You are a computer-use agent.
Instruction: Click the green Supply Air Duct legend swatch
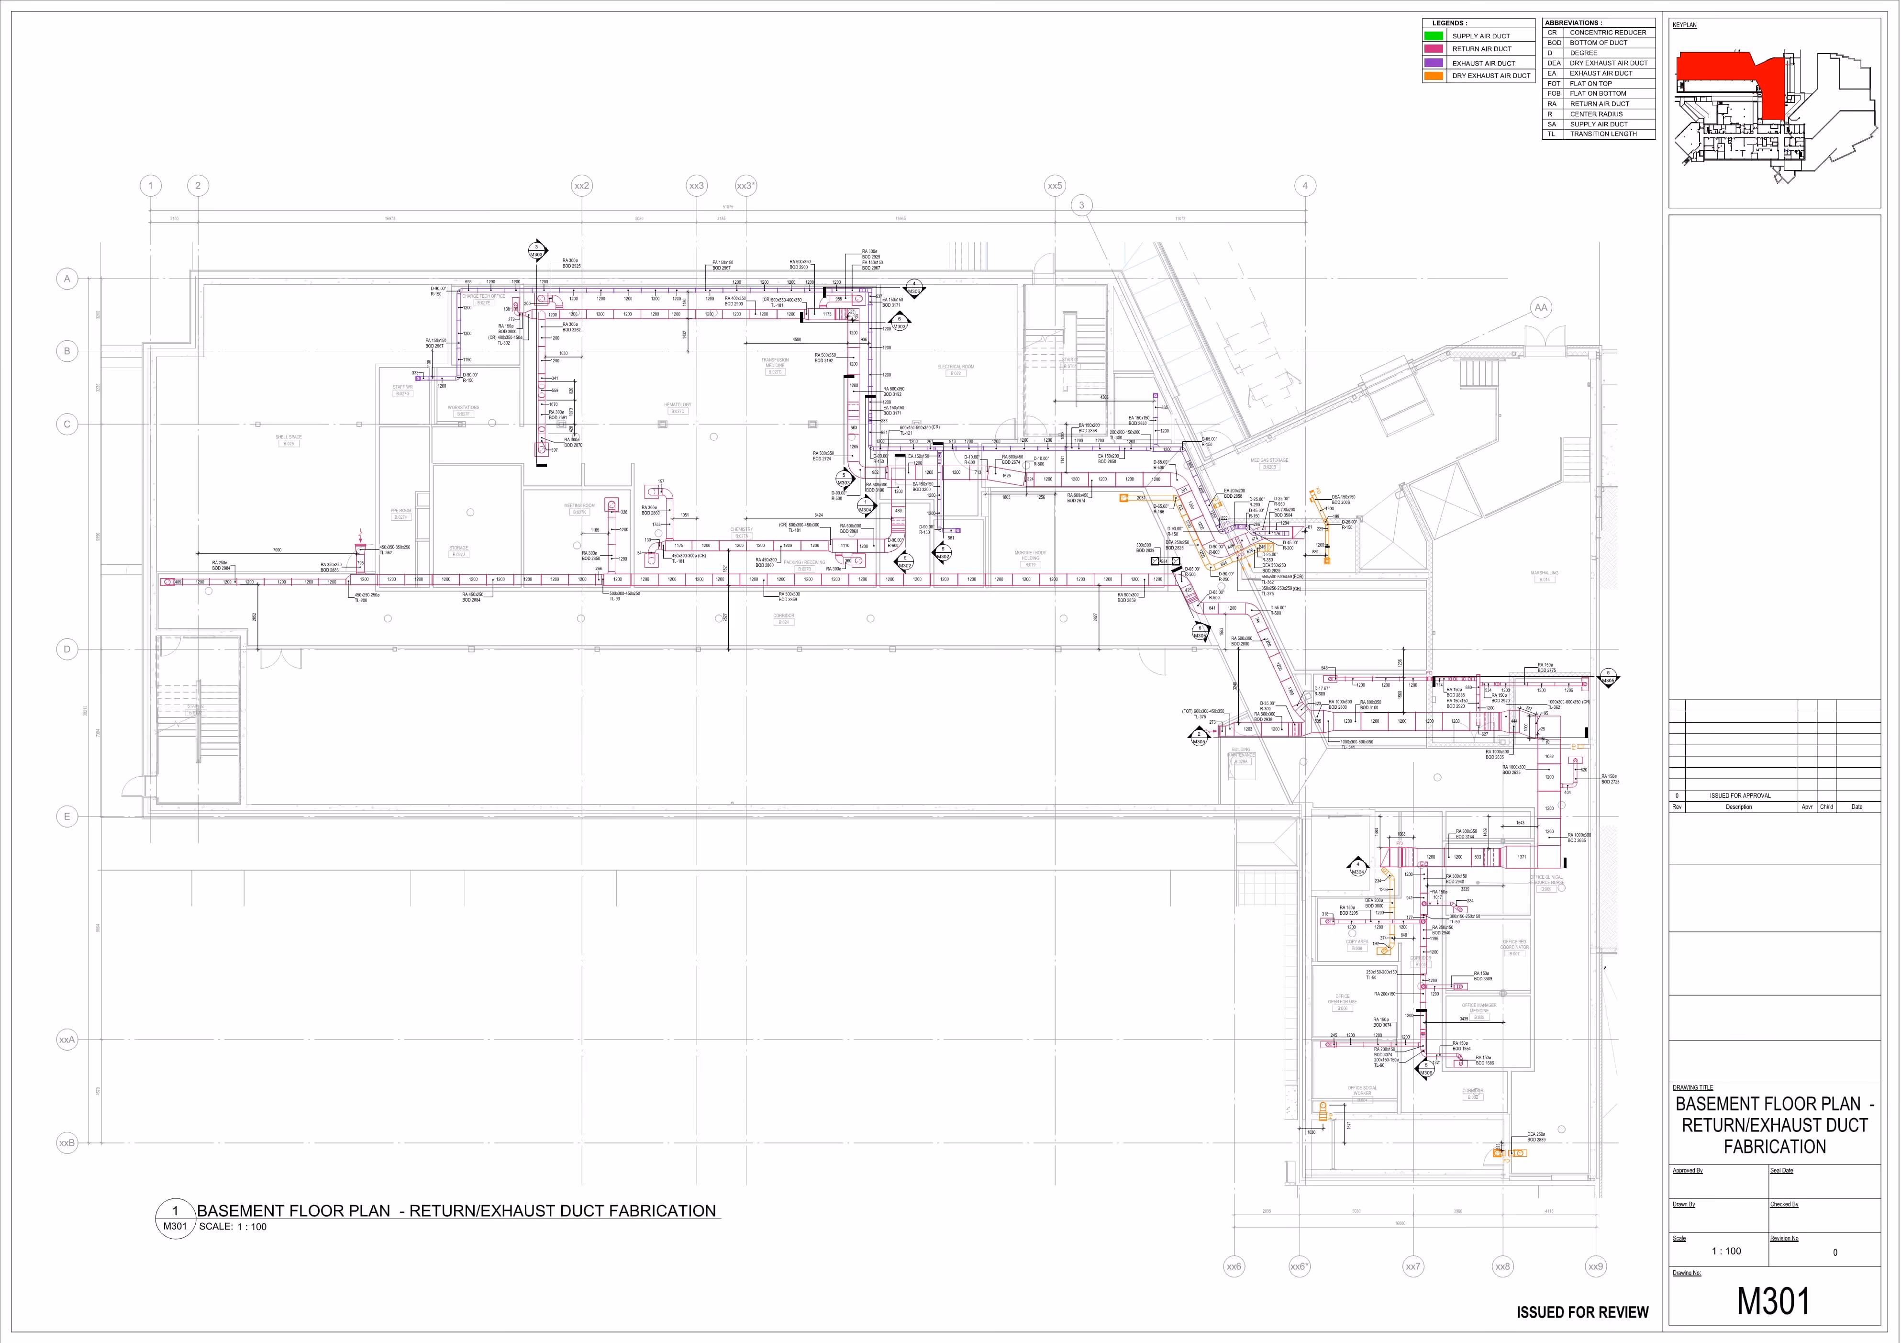click(x=1433, y=35)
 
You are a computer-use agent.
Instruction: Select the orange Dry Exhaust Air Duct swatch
click(x=1433, y=75)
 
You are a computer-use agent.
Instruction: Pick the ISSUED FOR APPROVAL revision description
click(x=1740, y=795)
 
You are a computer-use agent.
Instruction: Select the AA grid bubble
click(x=1540, y=308)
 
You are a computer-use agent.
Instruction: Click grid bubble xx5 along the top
click(x=1054, y=186)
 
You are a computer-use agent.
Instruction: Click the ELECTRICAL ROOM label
click(x=956, y=367)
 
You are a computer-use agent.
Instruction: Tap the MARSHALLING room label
click(x=1544, y=573)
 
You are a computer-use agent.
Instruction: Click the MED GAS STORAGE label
click(x=1269, y=460)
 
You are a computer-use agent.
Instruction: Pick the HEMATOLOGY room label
click(x=677, y=405)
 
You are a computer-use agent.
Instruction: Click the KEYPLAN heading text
click(x=1684, y=25)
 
